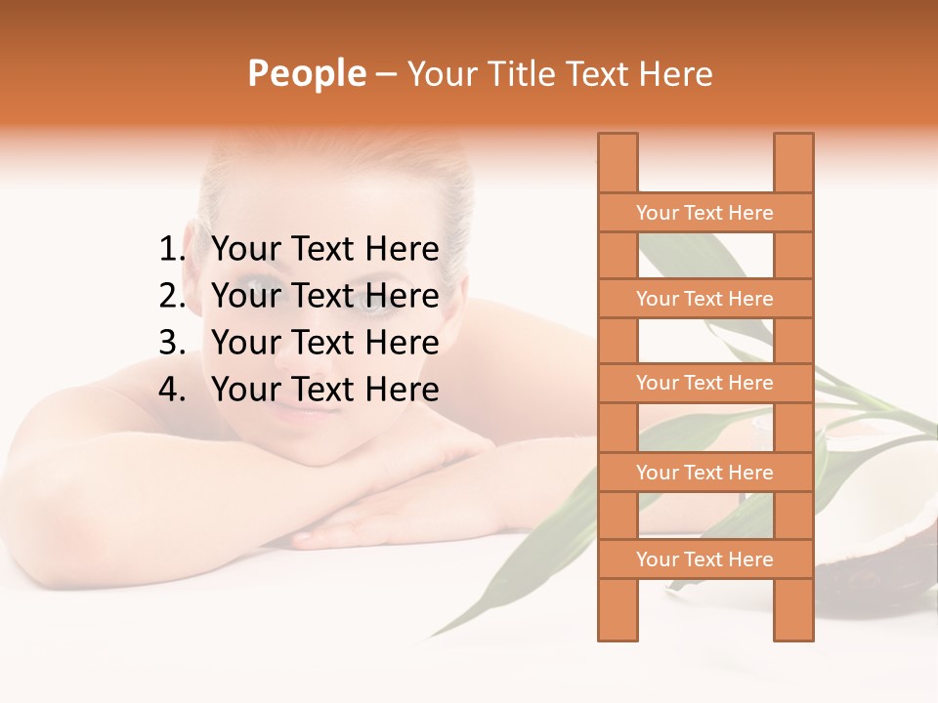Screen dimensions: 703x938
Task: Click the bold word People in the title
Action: [x=307, y=74]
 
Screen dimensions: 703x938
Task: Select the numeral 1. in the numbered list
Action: [x=172, y=250]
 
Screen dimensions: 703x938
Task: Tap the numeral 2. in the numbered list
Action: [x=172, y=296]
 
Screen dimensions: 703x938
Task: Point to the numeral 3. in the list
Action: [x=172, y=343]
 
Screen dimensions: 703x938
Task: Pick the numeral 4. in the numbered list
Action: [x=172, y=390]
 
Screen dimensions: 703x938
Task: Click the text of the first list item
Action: [x=324, y=250]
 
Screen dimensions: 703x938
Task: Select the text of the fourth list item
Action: [x=324, y=390]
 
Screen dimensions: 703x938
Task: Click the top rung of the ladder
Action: [x=705, y=213]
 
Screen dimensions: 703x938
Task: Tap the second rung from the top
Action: [x=705, y=299]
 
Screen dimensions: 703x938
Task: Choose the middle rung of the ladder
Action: [x=705, y=383]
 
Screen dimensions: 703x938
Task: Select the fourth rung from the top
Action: [x=705, y=473]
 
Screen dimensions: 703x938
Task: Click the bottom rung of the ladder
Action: [x=705, y=559]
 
